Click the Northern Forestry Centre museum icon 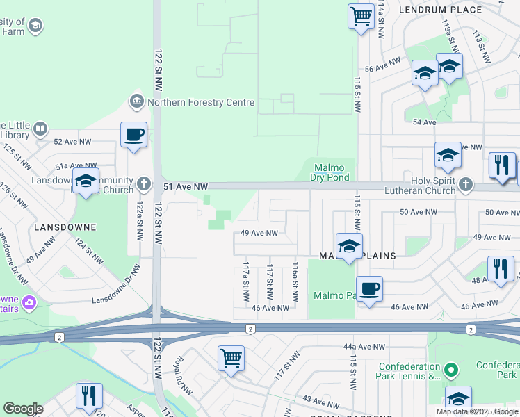click(x=136, y=102)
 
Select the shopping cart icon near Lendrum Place click(x=361, y=16)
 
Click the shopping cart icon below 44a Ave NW click(x=231, y=359)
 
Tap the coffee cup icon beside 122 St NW click(x=133, y=135)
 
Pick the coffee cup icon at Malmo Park click(x=369, y=289)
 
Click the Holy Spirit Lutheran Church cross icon click(x=466, y=185)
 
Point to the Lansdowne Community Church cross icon click(x=144, y=184)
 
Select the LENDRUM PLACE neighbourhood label click(x=440, y=10)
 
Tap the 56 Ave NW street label click(x=384, y=65)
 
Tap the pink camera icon click(x=29, y=302)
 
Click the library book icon click(x=40, y=129)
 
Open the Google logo click(x=23, y=409)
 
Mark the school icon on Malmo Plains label click(x=349, y=246)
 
